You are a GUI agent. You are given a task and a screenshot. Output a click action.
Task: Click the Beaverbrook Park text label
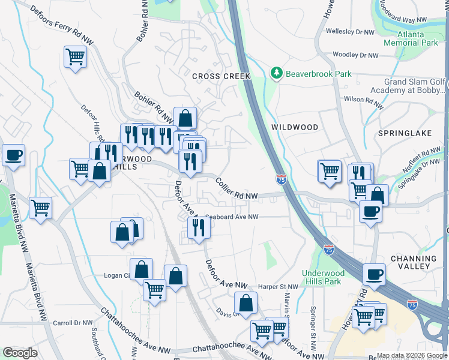tap(318, 74)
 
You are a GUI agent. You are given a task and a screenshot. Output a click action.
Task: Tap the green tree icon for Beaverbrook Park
tap(276, 73)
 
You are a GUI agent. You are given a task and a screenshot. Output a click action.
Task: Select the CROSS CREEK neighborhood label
tap(220, 76)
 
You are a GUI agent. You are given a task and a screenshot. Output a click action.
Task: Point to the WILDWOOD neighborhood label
tap(294, 127)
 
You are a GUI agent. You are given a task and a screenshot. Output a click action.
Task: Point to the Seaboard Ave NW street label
tap(232, 217)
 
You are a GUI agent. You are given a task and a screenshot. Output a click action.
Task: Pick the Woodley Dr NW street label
tap(355, 55)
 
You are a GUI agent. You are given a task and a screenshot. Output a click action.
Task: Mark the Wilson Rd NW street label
tap(363, 101)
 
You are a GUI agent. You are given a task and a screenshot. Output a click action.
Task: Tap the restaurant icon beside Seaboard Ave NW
tap(198, 227)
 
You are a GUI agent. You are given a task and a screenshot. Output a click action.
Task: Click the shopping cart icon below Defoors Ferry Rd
tap(75, 57)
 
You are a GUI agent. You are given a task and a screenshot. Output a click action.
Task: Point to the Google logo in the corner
tap(20, 353)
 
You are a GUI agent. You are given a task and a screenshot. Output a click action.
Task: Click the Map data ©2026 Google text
tap(412, 355)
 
